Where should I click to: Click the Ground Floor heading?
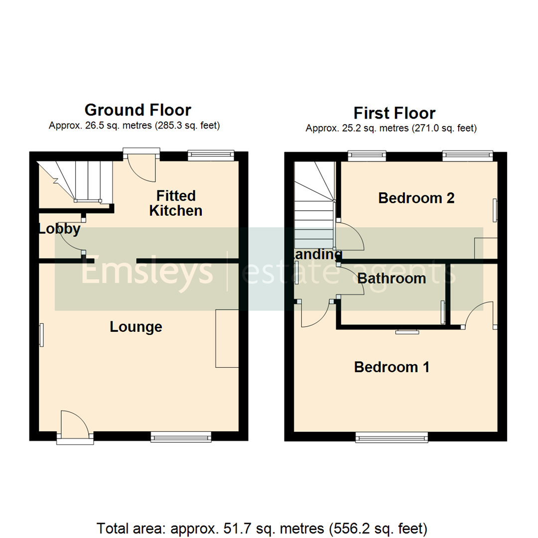point(137,110)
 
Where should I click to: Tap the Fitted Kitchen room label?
point(176,203)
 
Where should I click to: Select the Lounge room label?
point(136,327)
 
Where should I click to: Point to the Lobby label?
point(59,229)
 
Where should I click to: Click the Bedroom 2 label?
point(416,198)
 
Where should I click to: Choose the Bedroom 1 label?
point(392,367)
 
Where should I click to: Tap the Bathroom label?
point(392,278)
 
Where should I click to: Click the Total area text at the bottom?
point(262,527)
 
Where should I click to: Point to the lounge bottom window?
point(181,437)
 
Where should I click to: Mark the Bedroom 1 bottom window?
point(392,437)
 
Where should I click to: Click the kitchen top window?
point(210,155)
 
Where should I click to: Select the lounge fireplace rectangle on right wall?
point(227,338)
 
